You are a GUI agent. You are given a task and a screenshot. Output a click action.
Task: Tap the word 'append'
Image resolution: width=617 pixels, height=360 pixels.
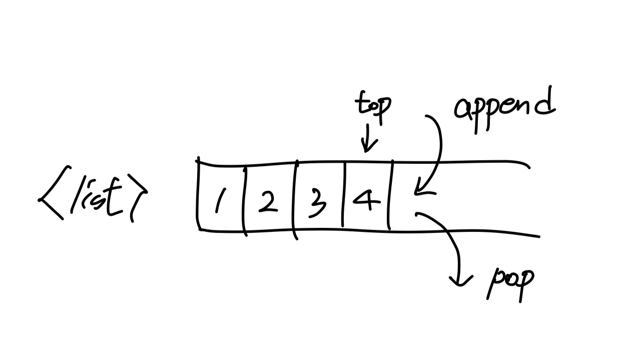pos(504,110)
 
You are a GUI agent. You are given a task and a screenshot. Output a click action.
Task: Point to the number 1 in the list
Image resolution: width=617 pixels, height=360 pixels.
pos(221,200)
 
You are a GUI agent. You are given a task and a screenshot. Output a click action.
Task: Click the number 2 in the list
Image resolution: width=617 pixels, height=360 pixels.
pos(268,201)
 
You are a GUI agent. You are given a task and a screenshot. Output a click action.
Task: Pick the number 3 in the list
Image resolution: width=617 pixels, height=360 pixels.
pos(317,203)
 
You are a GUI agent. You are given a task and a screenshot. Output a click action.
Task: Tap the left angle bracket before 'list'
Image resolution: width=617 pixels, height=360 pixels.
pos(54,193)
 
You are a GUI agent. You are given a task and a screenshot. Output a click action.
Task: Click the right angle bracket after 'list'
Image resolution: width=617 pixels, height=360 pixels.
pos(138,197)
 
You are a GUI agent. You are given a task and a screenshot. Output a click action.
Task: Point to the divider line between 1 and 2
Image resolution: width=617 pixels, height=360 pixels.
pos(244,202)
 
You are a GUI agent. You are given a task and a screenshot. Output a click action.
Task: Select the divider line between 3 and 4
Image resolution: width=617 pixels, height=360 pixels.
pos(344,195)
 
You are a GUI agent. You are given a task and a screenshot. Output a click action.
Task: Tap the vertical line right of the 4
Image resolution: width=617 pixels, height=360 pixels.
pos(391,195)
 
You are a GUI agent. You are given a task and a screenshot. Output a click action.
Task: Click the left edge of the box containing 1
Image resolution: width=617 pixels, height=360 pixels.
pos(198,194)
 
